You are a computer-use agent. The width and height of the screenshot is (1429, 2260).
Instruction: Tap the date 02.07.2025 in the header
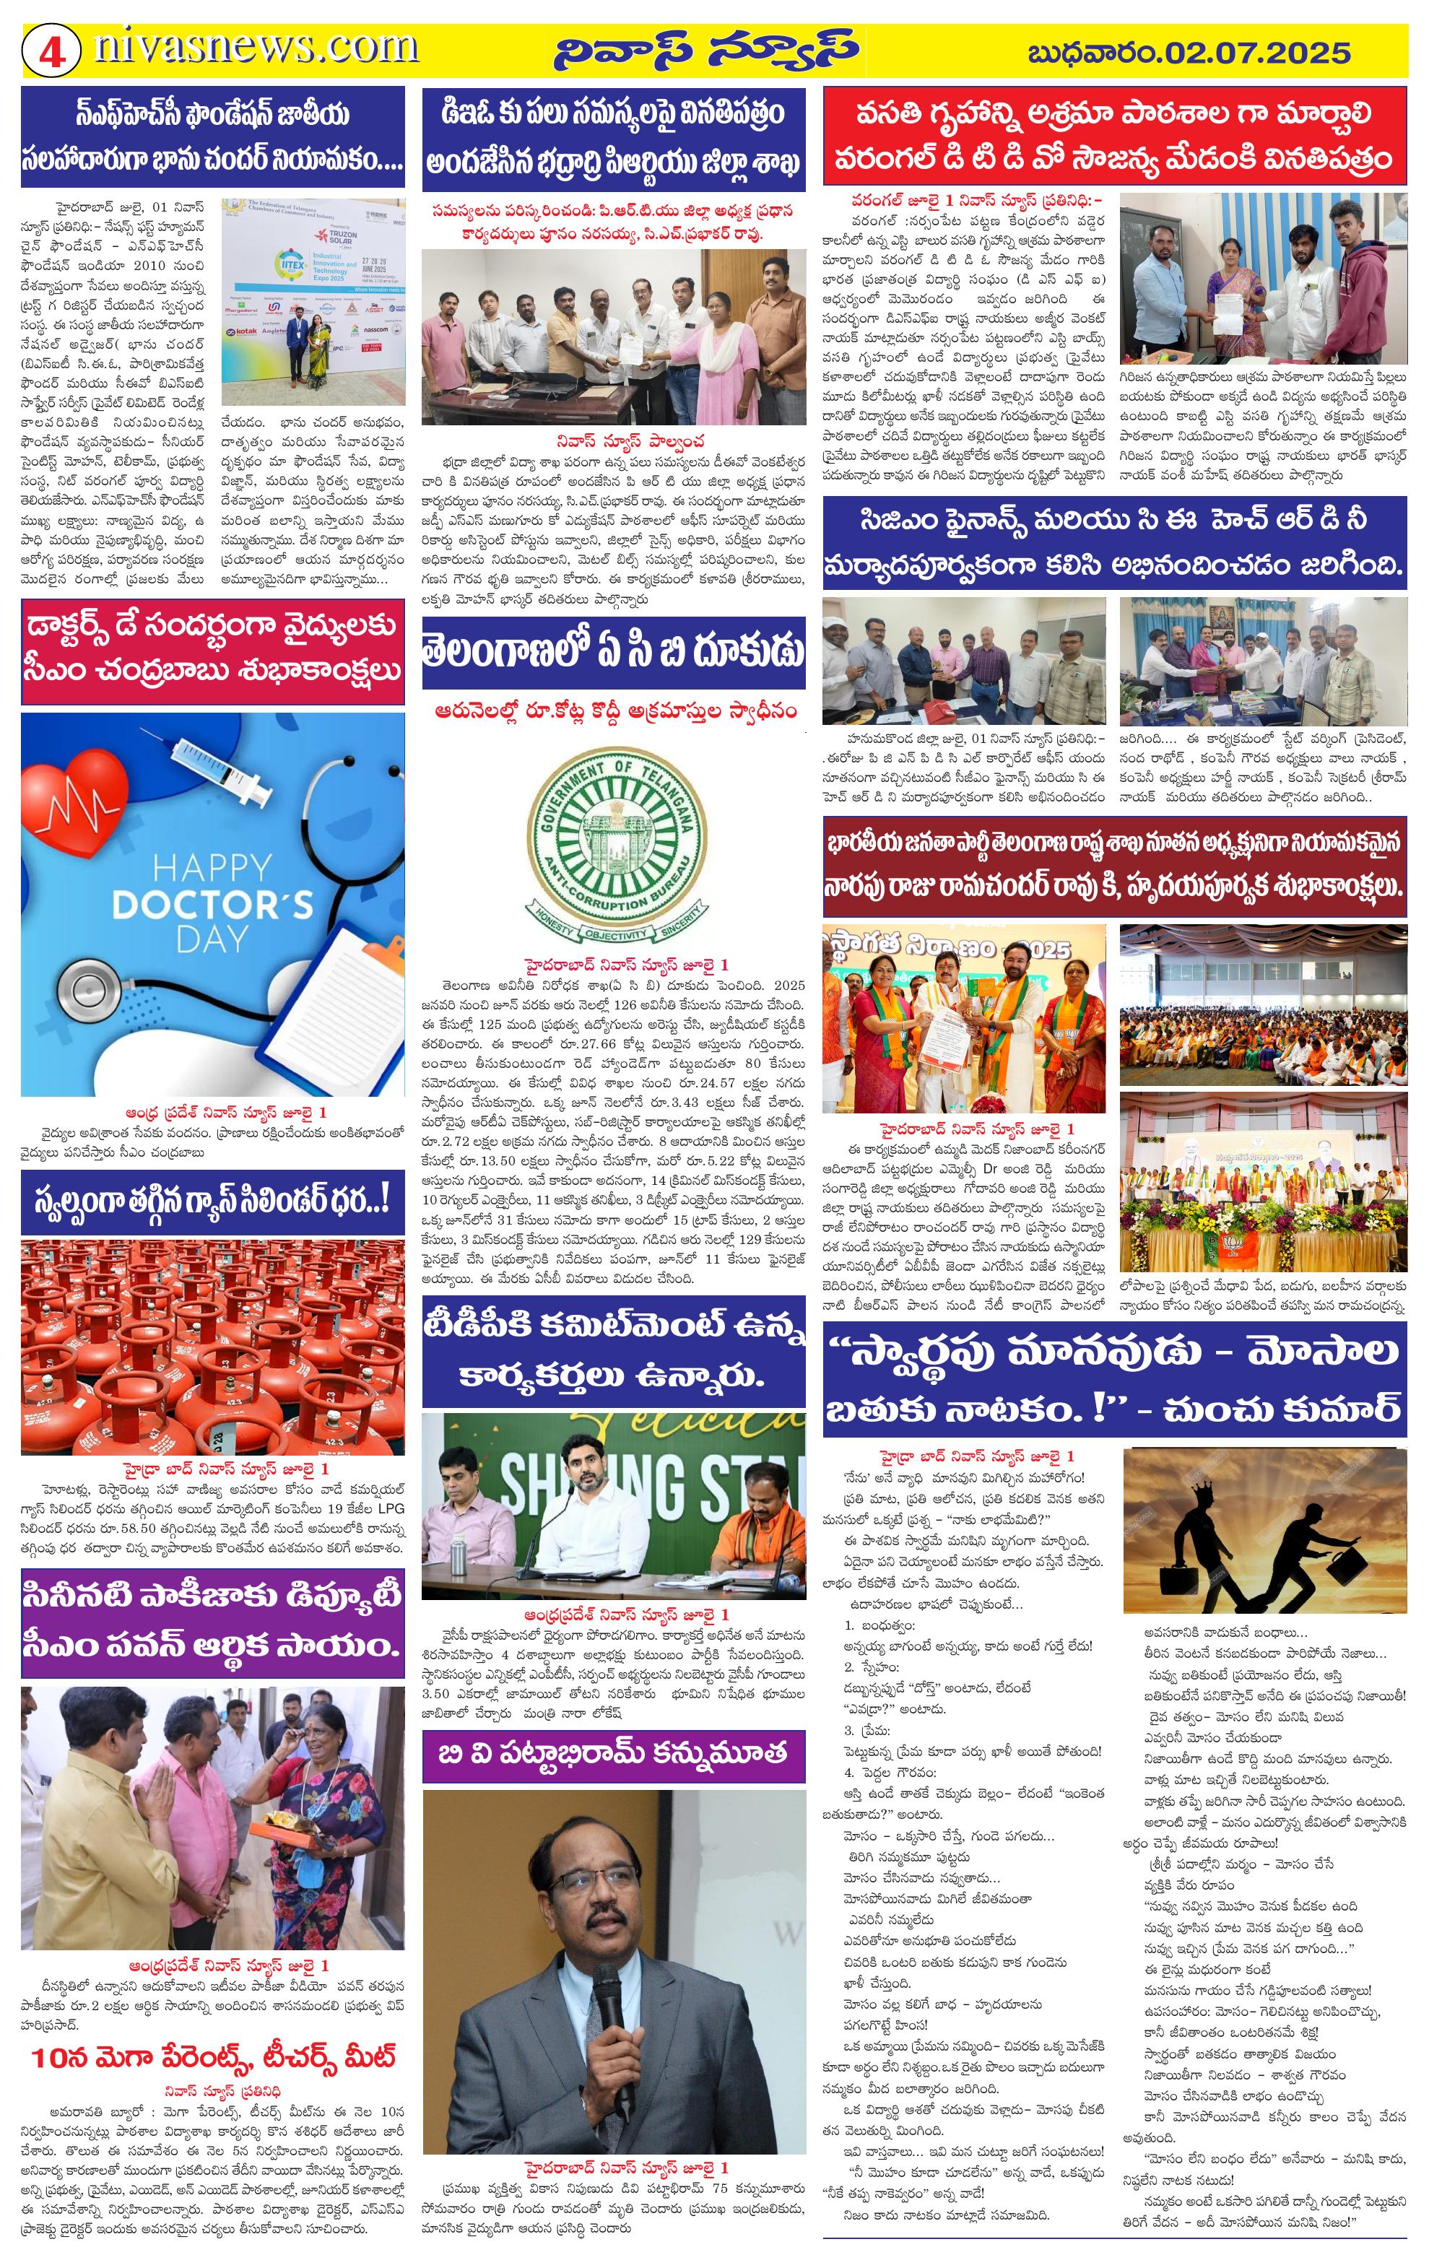[x=1256, y=51]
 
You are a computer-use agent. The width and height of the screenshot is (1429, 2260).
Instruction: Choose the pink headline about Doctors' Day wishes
[x=213, y=649]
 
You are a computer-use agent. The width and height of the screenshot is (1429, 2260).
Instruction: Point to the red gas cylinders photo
[x=213, y=1347]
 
